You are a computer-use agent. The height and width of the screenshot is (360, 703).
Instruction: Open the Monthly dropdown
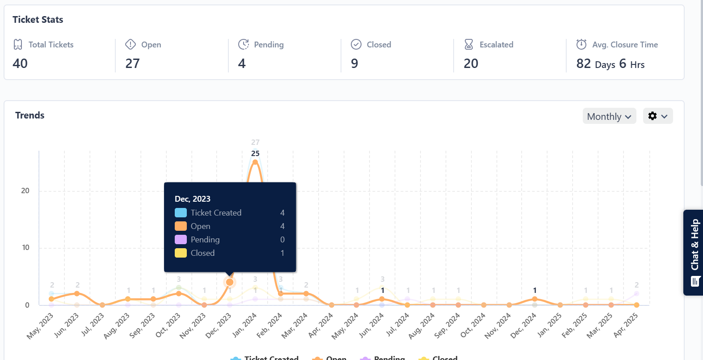point(609,116)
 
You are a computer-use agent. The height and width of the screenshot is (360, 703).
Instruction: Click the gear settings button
point(657,116)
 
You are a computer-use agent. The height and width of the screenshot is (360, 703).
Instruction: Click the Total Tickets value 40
point(20,64)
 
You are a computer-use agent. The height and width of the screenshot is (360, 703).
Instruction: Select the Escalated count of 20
point(471,64)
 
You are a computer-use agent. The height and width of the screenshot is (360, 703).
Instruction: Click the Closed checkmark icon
point(356,44)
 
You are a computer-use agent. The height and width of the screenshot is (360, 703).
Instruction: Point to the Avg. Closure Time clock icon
point(581,44)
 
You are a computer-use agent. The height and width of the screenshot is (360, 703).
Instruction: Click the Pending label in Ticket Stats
point(269,45)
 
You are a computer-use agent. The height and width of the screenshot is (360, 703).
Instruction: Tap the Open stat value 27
point(132,64)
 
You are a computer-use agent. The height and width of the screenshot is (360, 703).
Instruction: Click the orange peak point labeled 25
point(255,162)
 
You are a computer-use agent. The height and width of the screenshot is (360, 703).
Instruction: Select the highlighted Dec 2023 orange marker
point(230,282)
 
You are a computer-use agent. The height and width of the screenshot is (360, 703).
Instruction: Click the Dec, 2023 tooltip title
point(193,199)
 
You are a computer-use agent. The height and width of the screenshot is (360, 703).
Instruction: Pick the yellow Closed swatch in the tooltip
point(181,253)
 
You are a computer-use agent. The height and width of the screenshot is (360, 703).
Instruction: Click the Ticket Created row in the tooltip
point(216,213)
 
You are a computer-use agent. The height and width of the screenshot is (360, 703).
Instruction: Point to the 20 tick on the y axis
point(25,191)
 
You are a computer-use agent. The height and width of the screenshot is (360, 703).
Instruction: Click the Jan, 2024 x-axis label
point(245,325)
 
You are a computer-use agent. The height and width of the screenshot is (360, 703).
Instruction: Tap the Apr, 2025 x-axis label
point(626,325)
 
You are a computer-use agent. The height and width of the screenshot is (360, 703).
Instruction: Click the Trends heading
point(30,115)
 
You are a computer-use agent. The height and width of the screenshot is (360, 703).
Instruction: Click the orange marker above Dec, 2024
point(535,299)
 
